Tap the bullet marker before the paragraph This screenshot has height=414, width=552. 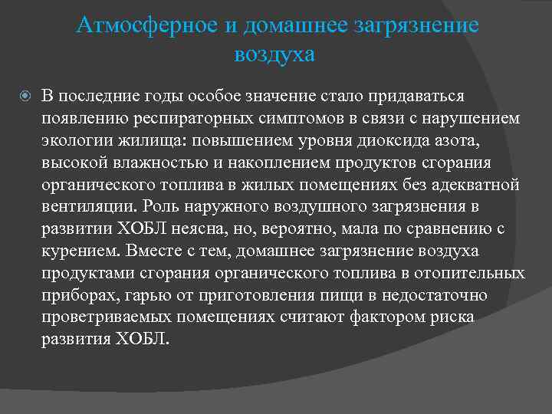(25, 95)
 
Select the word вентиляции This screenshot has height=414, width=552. (87, 207)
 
